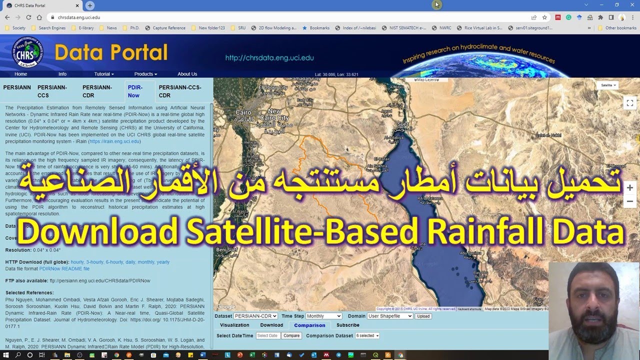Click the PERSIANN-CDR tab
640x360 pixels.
coord(97,91)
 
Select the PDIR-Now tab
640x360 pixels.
coord(134,91)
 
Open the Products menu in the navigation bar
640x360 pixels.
coord(145,74)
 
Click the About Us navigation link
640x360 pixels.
coord(187,74)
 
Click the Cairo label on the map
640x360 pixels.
coord(243,112)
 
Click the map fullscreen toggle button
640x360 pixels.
coord(630,102)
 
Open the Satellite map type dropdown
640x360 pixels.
coord(608,85)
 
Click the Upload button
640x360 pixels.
coord(423,316)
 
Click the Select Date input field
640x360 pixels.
coord(267,335)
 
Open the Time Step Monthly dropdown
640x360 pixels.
coord(324,316)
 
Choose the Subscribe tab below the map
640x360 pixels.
coord(347,325)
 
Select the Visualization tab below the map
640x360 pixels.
coord(234,325)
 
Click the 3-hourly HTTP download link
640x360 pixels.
coord(94,262)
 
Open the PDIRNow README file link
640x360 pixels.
coord(64,268)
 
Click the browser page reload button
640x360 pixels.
coord(28,17)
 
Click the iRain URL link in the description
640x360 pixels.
coord(114,141)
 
